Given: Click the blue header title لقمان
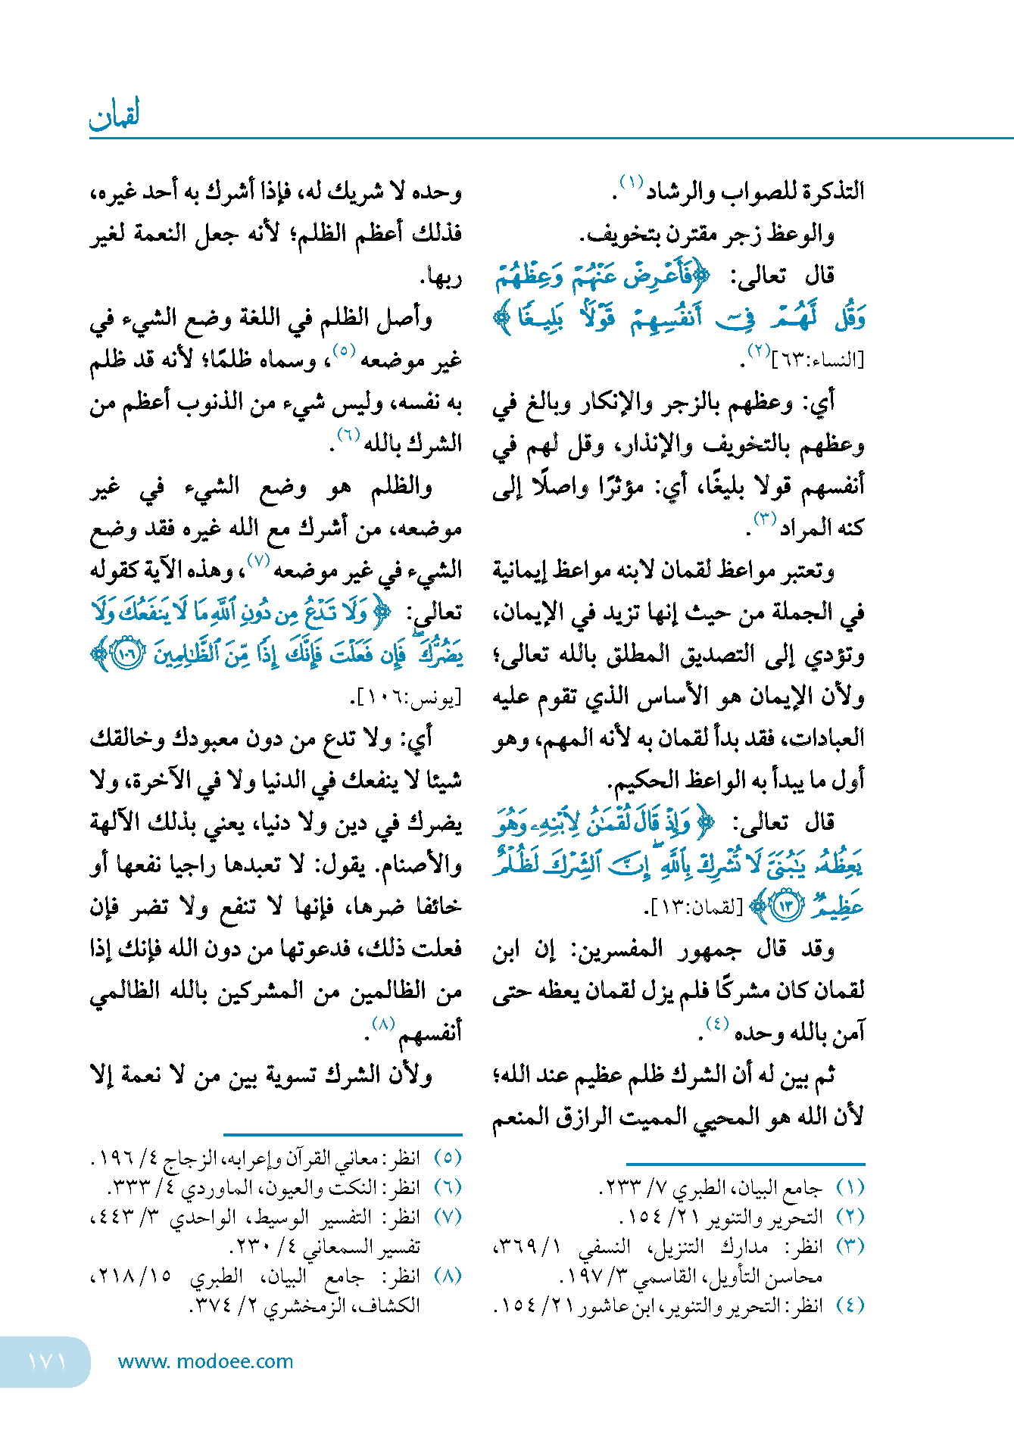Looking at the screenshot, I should coord(114,115).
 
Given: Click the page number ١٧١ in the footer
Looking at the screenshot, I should coord(47,1361).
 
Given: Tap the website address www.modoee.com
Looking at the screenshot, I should coord(205,1361).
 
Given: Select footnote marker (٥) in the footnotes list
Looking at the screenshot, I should coord(448,1158).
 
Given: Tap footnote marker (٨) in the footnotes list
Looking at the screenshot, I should coord(448,1276).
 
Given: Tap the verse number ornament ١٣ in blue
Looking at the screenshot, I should coord(788,906).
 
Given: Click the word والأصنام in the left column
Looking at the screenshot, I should coord(421,865).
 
